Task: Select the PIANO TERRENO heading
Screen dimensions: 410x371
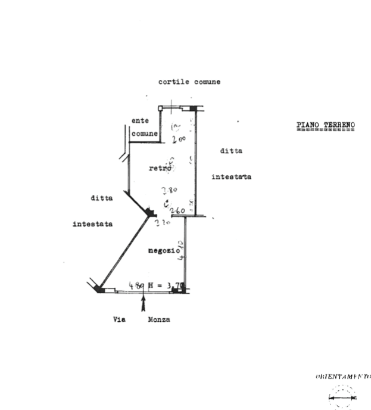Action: coord(326,125)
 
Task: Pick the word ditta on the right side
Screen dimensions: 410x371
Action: coord(232,151)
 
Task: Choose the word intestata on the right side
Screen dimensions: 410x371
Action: coord(232,176)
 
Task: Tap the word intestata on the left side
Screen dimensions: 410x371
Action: coord(92,224)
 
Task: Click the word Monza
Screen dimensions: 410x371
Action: coord(159,319)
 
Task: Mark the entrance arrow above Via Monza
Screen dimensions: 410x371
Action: coord(143,303)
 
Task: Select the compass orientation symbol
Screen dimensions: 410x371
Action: coord(343,396)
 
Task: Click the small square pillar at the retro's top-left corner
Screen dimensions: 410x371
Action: coord(161,108)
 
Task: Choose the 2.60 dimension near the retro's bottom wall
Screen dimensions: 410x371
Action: coord(179,211)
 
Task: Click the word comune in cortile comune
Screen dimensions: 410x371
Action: coord(206,82)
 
